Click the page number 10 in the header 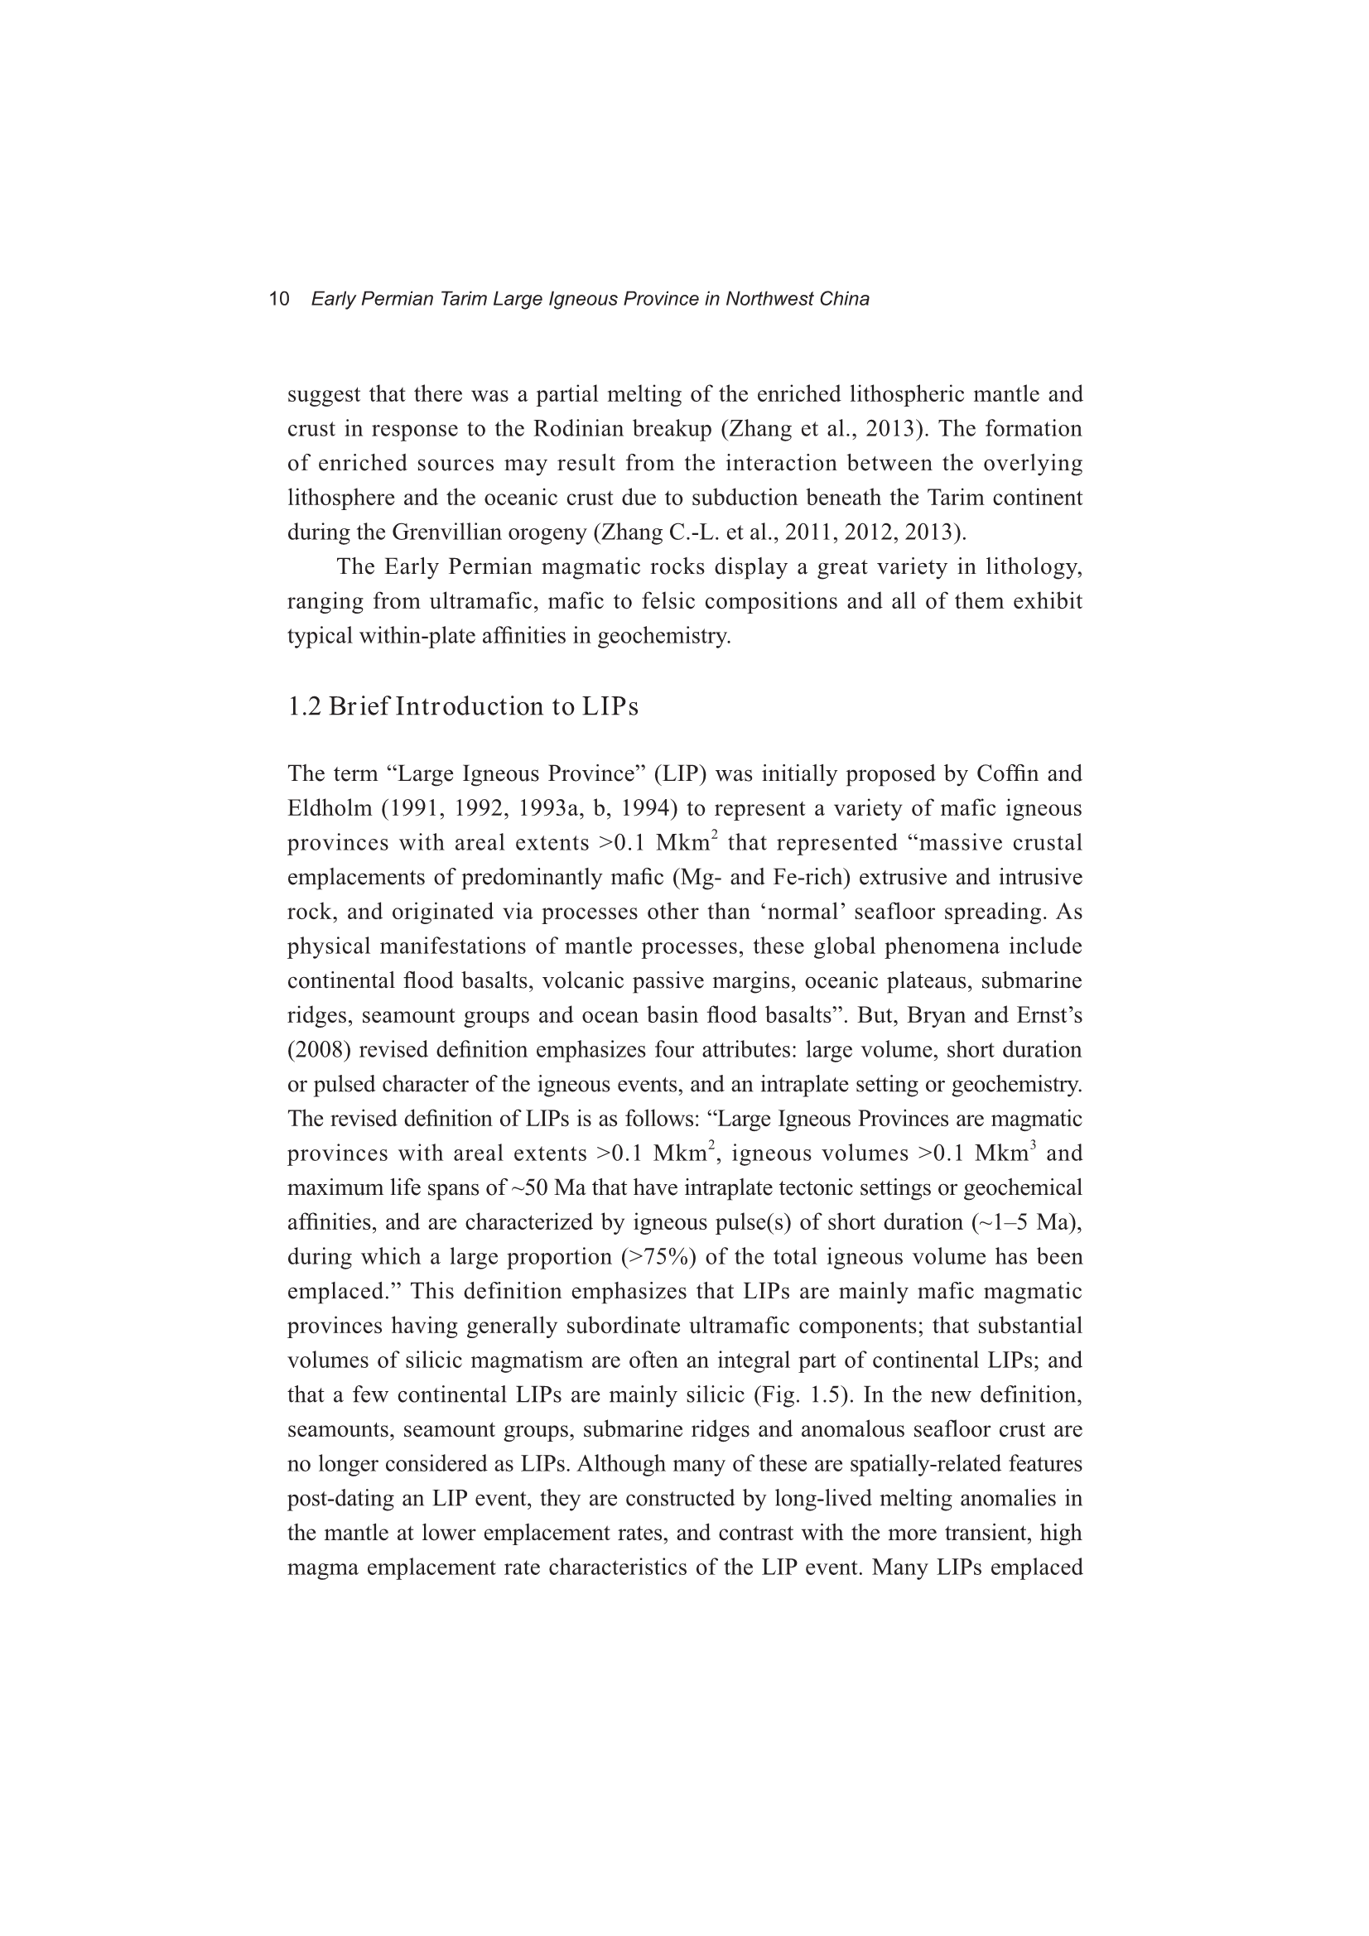279,299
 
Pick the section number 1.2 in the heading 305,706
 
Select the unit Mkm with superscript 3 1005,1154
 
